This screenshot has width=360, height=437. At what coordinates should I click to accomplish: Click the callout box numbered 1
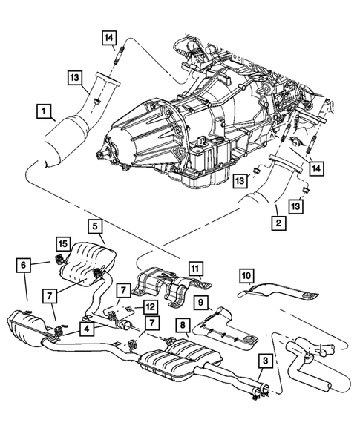(46, 112)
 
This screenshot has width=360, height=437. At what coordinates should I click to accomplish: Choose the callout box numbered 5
(94, 224)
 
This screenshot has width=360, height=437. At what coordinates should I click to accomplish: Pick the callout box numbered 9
(200, 302)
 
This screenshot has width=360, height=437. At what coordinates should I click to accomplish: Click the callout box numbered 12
(149, 305)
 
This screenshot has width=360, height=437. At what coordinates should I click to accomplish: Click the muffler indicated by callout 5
(87, 264)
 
